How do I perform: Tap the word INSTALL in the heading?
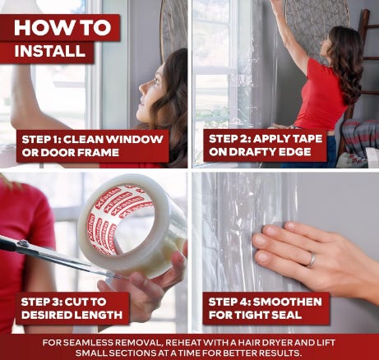(50, 51)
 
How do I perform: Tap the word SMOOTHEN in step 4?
(287, 302)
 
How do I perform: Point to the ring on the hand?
(312, 259)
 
